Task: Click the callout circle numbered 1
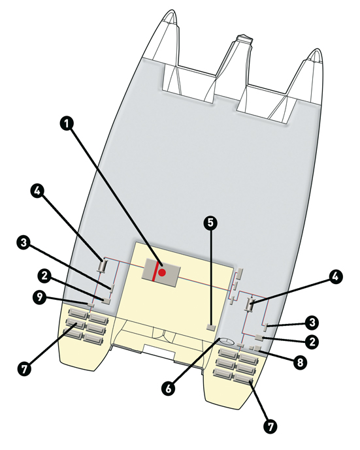67,124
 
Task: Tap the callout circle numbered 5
211,223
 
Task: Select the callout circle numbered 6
168,389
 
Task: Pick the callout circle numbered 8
300,362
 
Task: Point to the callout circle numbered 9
40,297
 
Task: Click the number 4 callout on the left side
37,191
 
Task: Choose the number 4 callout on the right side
335,277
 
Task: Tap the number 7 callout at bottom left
24,368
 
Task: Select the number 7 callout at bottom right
270,426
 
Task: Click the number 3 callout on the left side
24,242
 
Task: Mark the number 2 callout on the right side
312,342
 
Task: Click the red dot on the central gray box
162,272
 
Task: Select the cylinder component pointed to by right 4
250,304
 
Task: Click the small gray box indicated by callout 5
211,327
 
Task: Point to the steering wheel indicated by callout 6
227,341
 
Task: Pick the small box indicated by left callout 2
106,300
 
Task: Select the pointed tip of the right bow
316,50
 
